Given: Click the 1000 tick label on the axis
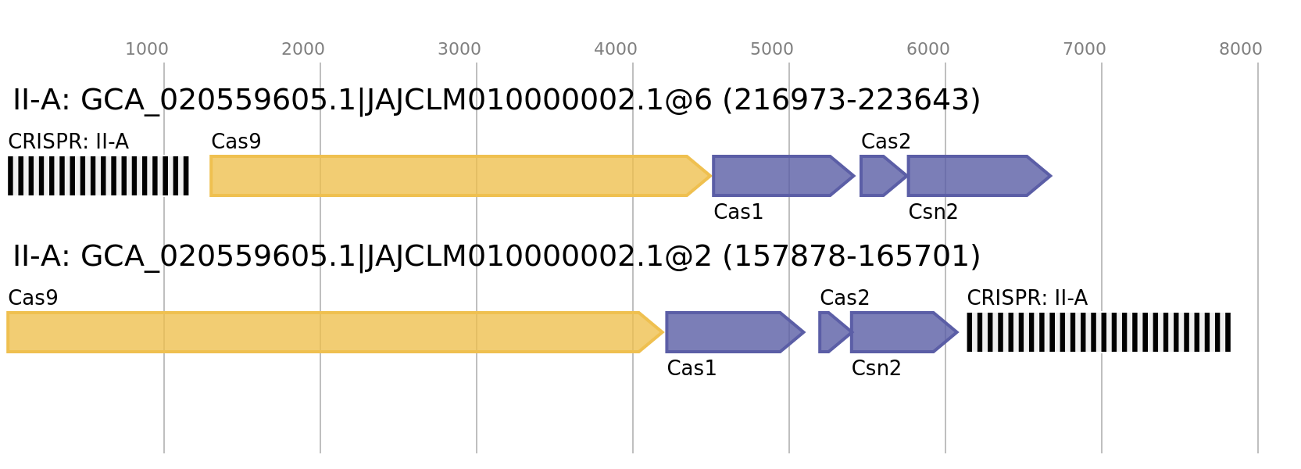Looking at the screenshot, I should tap(147, 49).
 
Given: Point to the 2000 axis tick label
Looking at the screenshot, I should tap(303, 49).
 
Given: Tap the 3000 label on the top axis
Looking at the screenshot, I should tap(459, 49).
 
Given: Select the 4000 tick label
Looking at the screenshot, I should tap(616, 49).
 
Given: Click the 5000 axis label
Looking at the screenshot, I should tap(772, 49).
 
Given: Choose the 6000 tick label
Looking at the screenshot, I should tap(928, 49).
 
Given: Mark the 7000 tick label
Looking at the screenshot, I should tap(1085, 49).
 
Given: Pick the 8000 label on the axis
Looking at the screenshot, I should tap(1241, 49).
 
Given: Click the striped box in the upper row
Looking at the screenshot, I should tap(98, 176).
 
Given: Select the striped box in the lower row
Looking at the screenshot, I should tap(1099, 332).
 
